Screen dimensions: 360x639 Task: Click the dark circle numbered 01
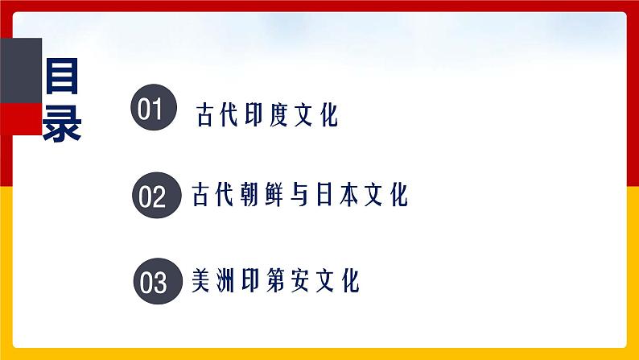tap(151, 108)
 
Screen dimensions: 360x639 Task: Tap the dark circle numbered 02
tap(152, 196)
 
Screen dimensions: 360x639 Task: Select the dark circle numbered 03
tap(153, 282)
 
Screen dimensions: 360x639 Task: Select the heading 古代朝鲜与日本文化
tap(300, 195)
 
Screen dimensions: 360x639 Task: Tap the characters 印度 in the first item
tap(267, 115)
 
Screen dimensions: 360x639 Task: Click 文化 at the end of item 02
tap(388, 195)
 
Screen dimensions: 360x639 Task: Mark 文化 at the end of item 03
tap(337, 281)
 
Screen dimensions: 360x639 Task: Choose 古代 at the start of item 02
tap(212, 195)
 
